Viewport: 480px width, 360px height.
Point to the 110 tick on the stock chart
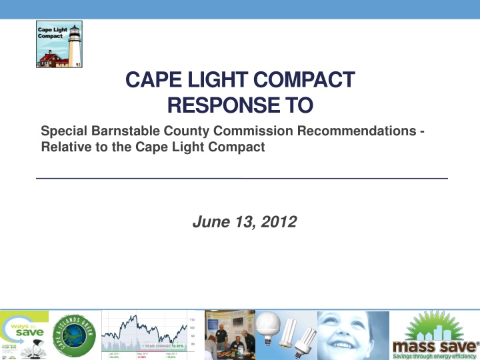coord(192,319)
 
